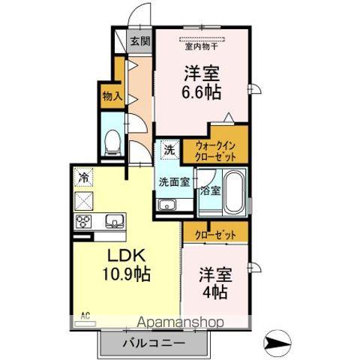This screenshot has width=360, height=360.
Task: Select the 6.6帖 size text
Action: coord(201,94)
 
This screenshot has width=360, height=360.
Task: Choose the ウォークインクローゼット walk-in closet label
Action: coord(216,151)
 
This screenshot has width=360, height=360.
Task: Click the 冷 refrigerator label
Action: coord(83,178)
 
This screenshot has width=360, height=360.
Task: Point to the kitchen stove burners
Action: coord(83,220)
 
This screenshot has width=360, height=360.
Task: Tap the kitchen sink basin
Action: coord(115,220)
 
